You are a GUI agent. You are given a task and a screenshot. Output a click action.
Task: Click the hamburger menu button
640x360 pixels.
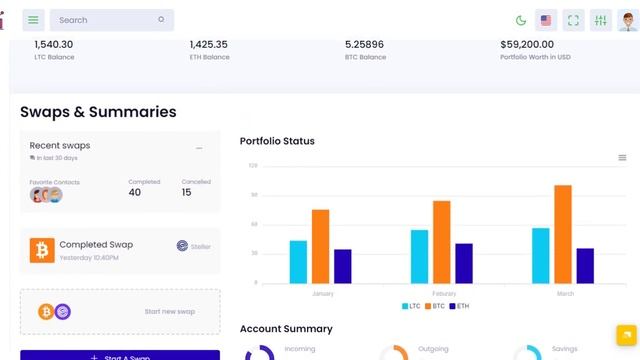(x=34, y=20)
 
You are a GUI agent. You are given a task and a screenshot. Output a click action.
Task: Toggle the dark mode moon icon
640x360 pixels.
(x=521, y=20)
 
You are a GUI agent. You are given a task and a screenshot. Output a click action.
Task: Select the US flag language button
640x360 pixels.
(x=546, y=20)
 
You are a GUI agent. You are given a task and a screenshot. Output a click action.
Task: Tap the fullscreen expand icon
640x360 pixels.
(x=573, y=20)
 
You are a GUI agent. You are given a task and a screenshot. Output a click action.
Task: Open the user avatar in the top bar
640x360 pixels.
(x=627, y=20)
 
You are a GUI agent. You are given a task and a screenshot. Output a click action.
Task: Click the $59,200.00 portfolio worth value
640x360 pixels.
(x=527, y=44)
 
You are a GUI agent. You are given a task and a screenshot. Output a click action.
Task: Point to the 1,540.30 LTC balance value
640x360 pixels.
(x=54, y=44)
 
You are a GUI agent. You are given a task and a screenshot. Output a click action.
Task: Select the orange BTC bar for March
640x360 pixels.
(x=563, y=233)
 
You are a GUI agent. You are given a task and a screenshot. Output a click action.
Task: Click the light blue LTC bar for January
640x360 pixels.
(x=298, y=261)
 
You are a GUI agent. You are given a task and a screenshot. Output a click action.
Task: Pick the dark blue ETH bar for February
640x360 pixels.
(x=464, y=262)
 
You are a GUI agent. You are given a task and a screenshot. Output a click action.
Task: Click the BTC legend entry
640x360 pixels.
(x=437, y=306)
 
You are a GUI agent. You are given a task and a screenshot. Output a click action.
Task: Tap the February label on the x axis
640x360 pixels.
(x=443, y=294)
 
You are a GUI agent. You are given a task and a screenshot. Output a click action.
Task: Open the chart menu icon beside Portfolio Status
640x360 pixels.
(x=622, y=157)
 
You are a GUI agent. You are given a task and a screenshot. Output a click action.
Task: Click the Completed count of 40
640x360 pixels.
(x=135, y=192)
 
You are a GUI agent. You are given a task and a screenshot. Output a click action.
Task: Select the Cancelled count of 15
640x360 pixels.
(x=187, y=192)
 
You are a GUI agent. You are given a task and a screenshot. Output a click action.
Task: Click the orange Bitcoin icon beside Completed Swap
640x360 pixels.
(x=42, y=250)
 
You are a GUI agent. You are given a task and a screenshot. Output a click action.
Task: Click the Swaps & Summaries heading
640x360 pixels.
(x=98, y=112)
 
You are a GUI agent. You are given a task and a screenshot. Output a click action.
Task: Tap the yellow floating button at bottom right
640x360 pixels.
(x=625, y=334)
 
